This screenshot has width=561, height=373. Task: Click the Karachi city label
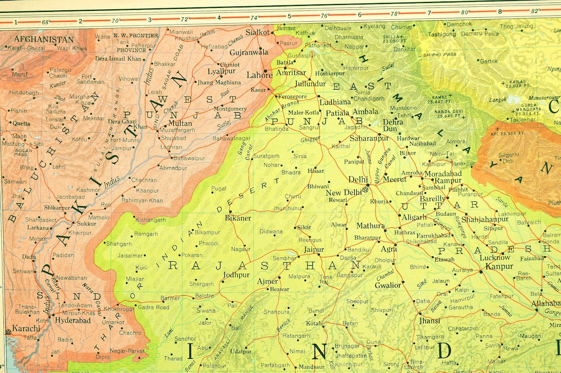[x=26, y=328]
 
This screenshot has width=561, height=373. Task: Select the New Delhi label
[x=343, y=192]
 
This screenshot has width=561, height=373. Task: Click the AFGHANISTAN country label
[x=44, y=39]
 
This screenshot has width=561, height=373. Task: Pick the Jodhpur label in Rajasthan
[x=236, y=275]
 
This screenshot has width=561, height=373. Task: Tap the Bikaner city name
[x=238, y=218]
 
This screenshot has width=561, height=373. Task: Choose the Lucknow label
[x=495, y=257]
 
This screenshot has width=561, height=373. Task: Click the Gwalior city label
[x=388, y=285]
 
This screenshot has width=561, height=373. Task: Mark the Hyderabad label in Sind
[x=72, y=320]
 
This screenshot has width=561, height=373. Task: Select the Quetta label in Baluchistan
[x=21, y=124]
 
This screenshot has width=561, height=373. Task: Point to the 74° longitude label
[x=254, y=18]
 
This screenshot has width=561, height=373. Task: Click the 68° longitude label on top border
[x=46, y=22]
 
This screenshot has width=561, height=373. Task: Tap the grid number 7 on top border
[x=429, y=12]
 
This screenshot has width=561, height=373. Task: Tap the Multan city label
[x=180, y=123]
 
